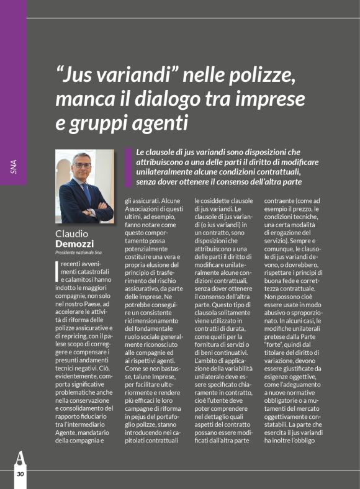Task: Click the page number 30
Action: pyautogui.click(x=20, y=474)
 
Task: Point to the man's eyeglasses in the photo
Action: pyautogui.click(x=82, y=165)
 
